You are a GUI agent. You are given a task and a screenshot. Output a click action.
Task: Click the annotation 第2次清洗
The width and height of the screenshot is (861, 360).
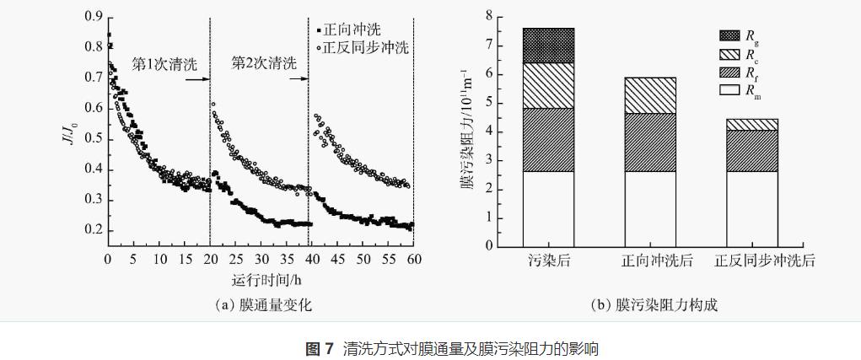click(x=264, y=63)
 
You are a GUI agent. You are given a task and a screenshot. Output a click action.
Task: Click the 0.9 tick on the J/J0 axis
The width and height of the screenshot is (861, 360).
click(x=93, y=17)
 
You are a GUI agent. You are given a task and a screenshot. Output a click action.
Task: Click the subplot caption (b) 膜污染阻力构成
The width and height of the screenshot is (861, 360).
click(x=654, y=305)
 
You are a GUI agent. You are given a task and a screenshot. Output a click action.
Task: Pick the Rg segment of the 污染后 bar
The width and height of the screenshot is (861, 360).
click(x=548, y=46)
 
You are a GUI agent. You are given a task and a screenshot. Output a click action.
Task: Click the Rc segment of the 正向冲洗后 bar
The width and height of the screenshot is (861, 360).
click(x=650, y=95)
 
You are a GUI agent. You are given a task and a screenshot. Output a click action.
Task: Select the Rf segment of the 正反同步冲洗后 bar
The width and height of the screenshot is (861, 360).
click(x=752, y=151)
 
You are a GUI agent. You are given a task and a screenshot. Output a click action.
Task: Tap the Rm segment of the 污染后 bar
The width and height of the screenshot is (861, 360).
click(x=548, y=208)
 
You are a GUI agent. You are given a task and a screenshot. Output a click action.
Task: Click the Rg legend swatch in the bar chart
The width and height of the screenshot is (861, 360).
click(x=727, y=35)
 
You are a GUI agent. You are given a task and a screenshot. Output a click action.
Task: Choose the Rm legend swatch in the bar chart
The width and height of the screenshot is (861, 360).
click(x=727, y=89)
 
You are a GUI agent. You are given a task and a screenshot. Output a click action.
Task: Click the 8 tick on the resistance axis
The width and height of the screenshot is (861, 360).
click(x=488, y=16)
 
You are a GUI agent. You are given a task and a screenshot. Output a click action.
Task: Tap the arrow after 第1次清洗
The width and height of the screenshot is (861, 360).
click(x=196, y=79)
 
